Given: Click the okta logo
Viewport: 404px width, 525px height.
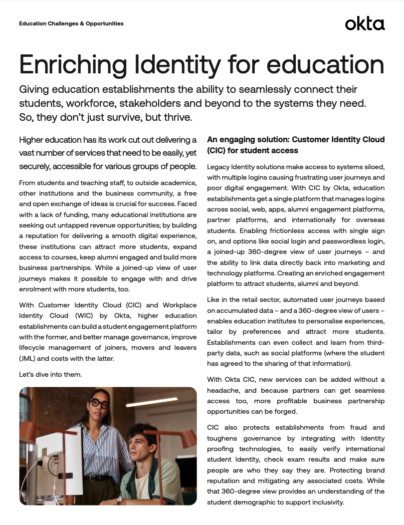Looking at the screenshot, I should tap(365, 23).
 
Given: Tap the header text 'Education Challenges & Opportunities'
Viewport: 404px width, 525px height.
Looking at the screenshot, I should tap(71, 23).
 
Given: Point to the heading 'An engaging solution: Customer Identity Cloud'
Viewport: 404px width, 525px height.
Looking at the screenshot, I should tap(295, 139).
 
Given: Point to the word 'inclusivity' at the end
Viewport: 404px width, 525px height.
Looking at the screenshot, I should tap(324, 503).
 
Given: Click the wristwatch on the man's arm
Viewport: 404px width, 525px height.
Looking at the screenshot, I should tap(119, 500).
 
